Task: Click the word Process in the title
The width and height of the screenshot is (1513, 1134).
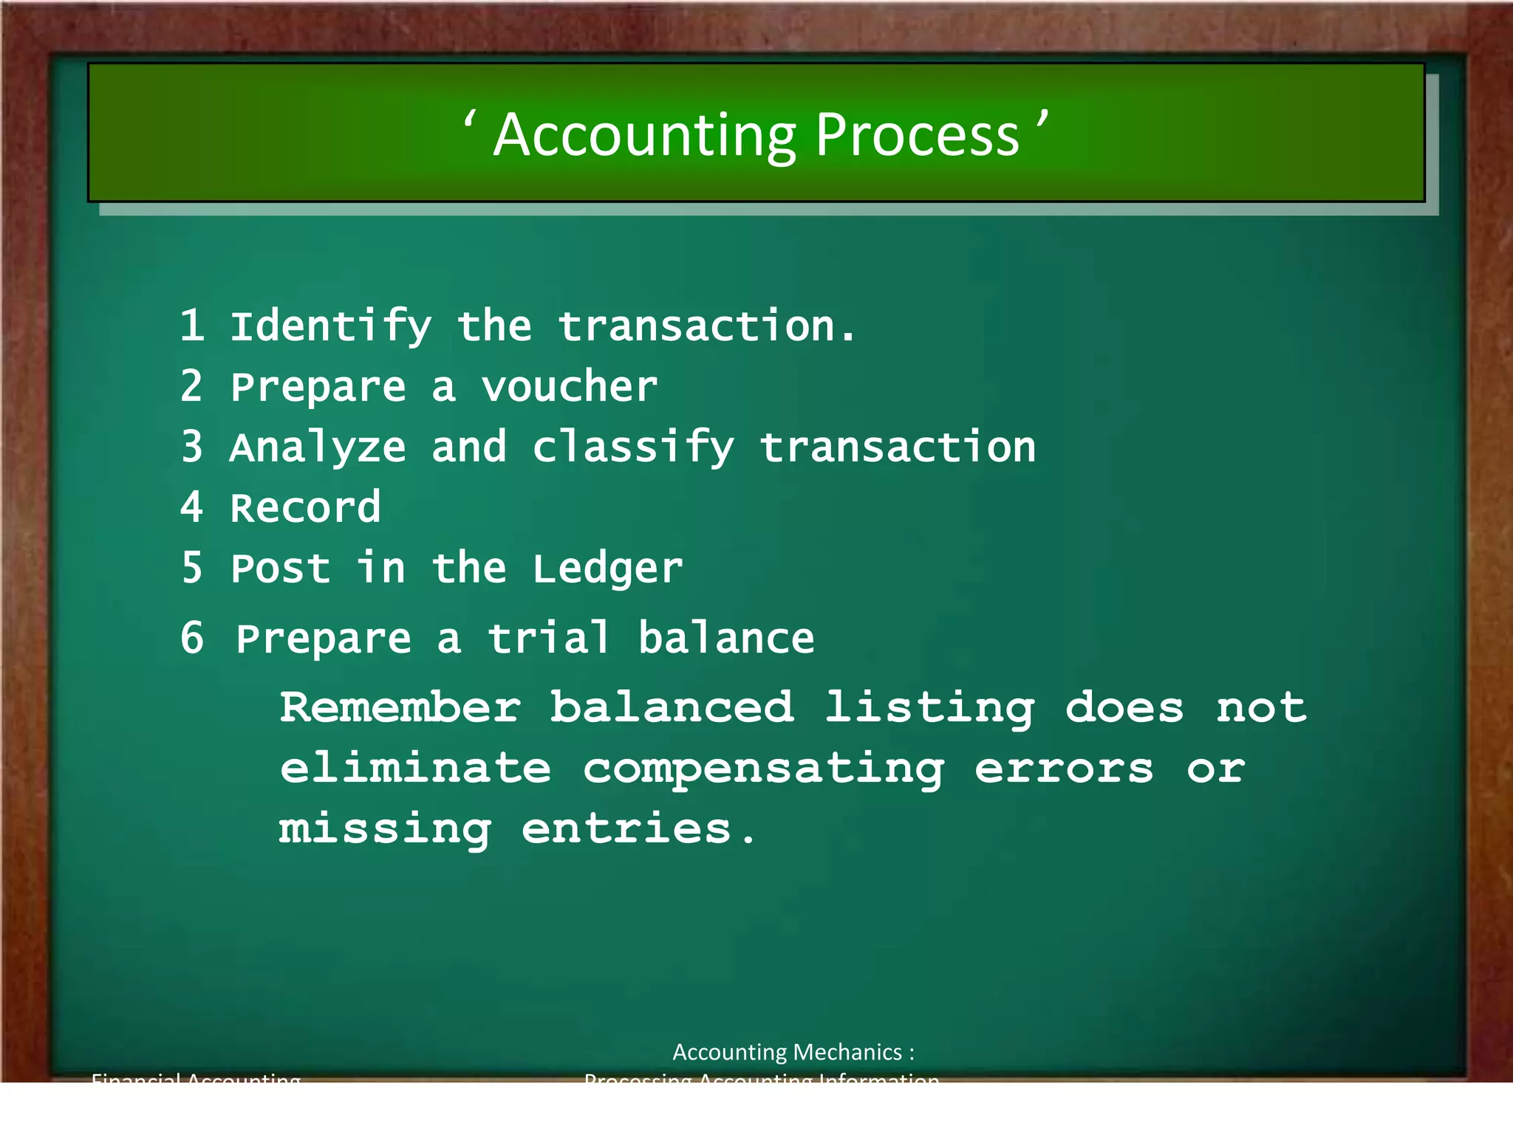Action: pyautogui.click(x=917, y=136)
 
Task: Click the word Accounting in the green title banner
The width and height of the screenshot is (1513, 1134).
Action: pyautogui.click(x=644, y=137)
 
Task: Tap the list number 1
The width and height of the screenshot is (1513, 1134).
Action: pyautogui.click(x=192, y=326)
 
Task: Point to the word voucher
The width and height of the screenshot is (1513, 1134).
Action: pyautogui.click(x=569, y=387)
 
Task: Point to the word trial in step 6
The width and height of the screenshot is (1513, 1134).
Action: pyautogui.click(x=548, y=638)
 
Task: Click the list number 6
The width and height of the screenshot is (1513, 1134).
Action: pyautogui.click(x=192, y=638)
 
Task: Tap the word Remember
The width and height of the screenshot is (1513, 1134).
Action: pyautogui.click(x=400, y=707)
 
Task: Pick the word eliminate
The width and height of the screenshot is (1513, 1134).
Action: pyautogui.click(x=415, y=768)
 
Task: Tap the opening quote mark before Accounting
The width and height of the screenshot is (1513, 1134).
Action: pyautogui.click(x=468, y=119)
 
